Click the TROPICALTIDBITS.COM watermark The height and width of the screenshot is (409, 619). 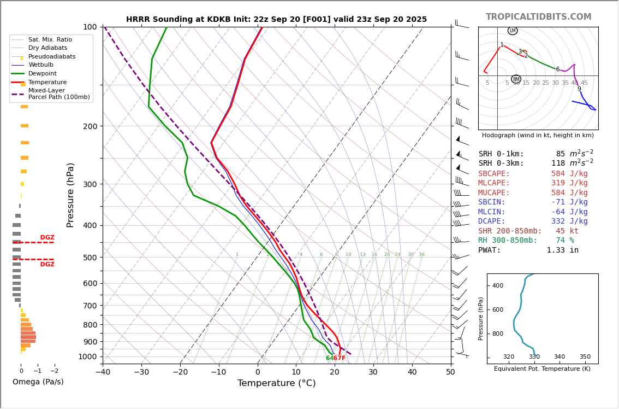pyautogui.click(x=538, y=17)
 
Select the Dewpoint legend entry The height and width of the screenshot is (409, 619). pyautogui.click(x=42, y=74)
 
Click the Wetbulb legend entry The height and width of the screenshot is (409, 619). pyautogui.click(x=41, y=65)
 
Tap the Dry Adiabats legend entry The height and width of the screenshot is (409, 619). pyautogui.click(x=47, y=48)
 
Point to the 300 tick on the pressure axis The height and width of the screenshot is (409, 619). pyautogui.click(x=89, y=184)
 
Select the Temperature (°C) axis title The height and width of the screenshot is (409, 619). pyautogui.click(x=276, y=383)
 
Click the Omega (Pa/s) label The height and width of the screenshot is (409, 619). pyautogui.click(x=38, y=382)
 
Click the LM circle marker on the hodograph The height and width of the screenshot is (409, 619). pyautogui.click(x=513, y=31)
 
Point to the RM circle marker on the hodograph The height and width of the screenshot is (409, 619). pyautogui.click(x=516, y=79)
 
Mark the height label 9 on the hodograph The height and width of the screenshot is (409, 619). pyautogui.click(x=579, y=89)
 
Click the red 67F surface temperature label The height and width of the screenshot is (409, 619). pyautogui.click(x=340, y=359)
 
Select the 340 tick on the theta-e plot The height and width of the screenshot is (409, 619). pyautogui.click(x=560, y=357)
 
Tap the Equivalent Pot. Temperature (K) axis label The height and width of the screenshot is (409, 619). pyautogui.click(x=542, y=369)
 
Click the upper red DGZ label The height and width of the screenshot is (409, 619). pyautogui.click(x=47, y=238)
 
